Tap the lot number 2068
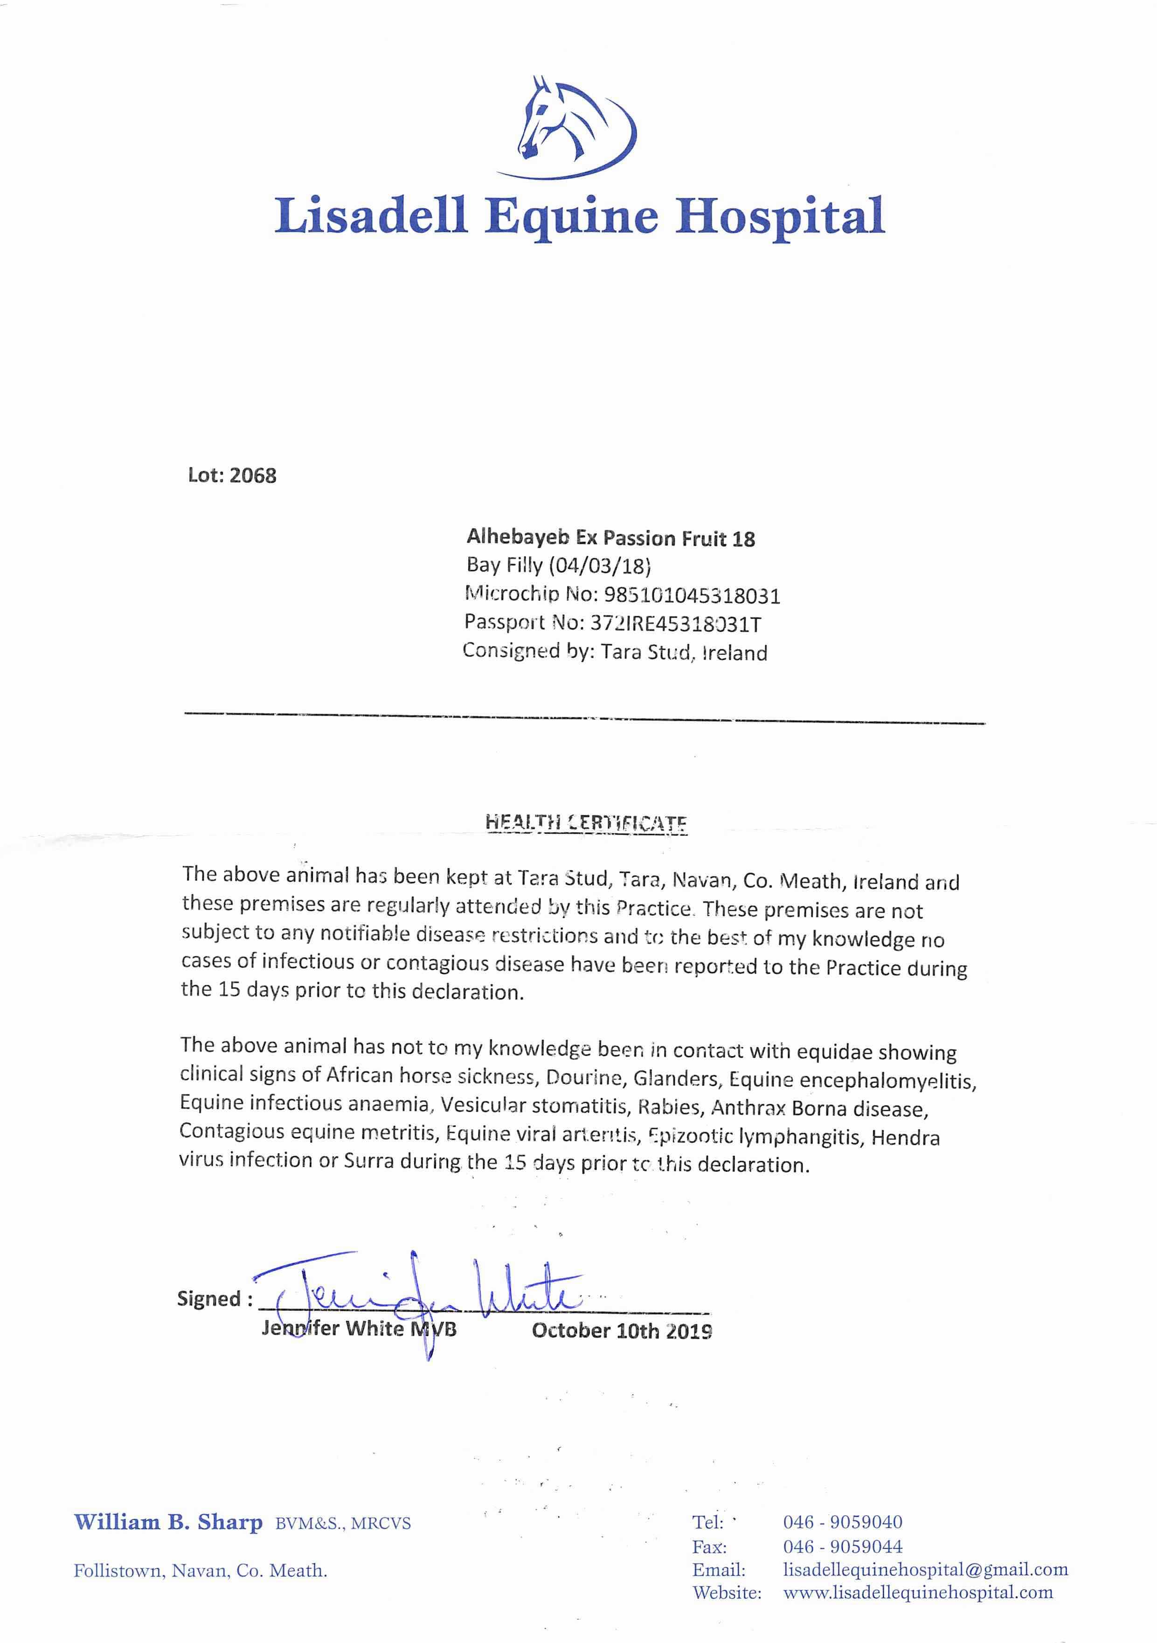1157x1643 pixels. [x=253, y=476]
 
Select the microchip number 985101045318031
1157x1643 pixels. [x=692, y=595]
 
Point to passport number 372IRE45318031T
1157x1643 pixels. [x=675, y=624]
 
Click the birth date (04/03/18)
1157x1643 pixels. [x=600, y=566]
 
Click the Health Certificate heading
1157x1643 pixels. [x=586, y=822]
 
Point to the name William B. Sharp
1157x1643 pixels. [x=168, y=1522]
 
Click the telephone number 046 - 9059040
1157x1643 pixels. [x=842, y=1522]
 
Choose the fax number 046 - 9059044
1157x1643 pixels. [x=842, y=1546]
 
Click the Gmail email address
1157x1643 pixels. [x=925, y=1570]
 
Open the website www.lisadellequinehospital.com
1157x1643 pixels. [x=918, y=1593]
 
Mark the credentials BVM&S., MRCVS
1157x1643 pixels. [x=343, y=1524]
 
